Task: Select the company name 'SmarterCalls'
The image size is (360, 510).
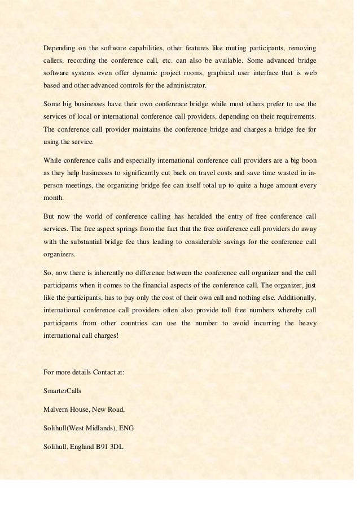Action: [62, 390]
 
